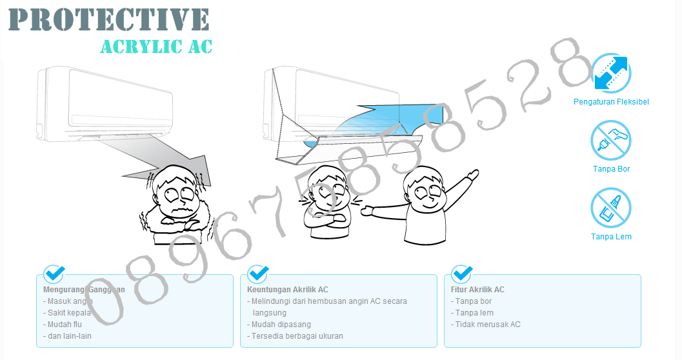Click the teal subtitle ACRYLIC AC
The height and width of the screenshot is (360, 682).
tap(156, 46)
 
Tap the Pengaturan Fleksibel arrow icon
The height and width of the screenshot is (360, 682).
tap(610, 73)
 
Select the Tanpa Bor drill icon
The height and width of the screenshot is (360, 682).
tap(610, 141)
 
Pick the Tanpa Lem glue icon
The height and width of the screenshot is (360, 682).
tap(610, 208)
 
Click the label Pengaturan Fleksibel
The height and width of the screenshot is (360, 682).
tap(610, 102)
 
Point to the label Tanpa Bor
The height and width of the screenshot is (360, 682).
tap(610, 169)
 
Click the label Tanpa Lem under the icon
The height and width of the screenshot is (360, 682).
tap(610, 237)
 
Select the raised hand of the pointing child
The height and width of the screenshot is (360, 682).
tap(472, 175)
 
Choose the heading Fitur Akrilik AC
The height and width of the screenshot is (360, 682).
tap(477, 290)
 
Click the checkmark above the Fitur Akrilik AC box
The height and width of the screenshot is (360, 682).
tap(462, 274)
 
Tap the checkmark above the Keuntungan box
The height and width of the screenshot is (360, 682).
tap(258, 274)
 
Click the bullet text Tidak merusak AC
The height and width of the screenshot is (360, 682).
tap(487, 325)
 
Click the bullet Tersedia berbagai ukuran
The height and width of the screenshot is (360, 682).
tap(297, 336)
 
